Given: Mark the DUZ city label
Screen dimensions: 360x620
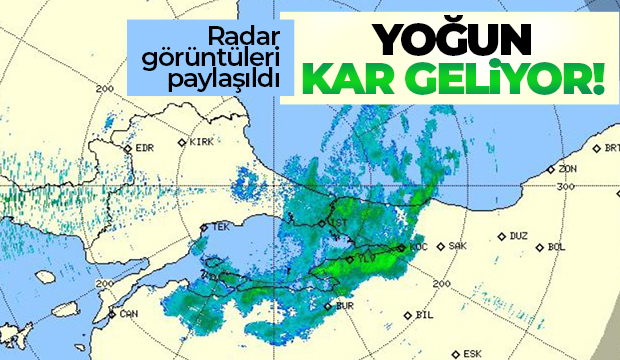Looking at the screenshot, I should click(517, 237).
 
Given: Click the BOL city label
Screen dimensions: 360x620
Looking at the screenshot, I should click(557, 245).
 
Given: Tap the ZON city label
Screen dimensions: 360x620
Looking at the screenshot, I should click(568, 168).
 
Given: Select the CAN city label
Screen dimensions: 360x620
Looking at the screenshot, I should click(127, 313).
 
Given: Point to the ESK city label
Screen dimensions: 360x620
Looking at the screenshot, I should click(471, 352).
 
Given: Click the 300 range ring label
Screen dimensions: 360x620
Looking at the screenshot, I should click(566, 186).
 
